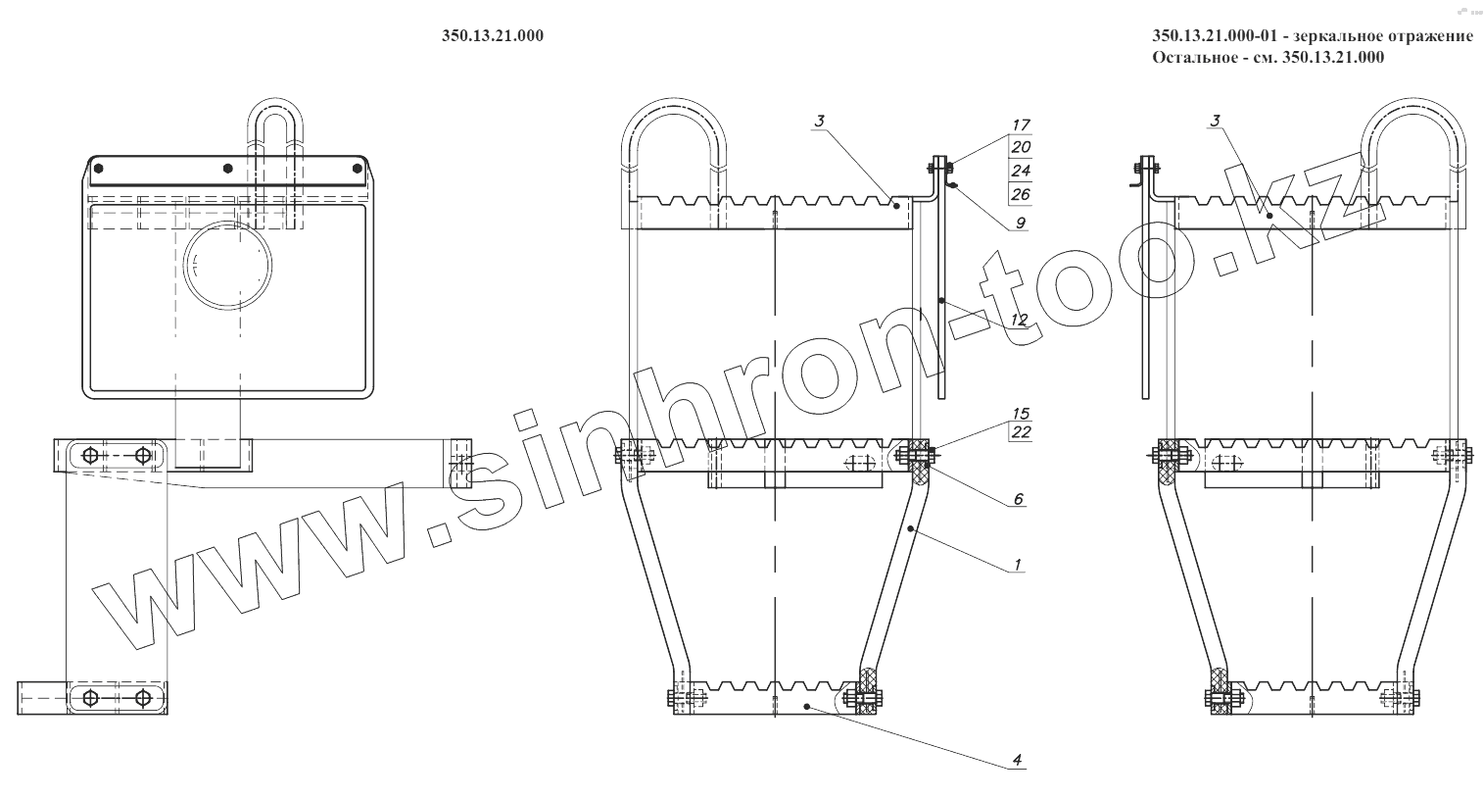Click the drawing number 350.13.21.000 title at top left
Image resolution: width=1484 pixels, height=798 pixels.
tap(493, 36)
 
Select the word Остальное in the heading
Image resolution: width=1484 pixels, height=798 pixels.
tap(1188, 57)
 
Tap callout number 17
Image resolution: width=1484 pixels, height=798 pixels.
tap(1021, 125)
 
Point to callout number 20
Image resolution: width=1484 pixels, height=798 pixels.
tap(1021, 147)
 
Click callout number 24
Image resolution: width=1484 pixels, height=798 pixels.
tap(1021, 171)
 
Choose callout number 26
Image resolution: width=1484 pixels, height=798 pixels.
tap(1021, 193)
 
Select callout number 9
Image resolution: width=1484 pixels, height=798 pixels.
tap(1021, 223)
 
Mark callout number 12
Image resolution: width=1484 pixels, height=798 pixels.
tap(1019, 321)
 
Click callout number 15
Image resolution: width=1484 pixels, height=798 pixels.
tap(1021, 414)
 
